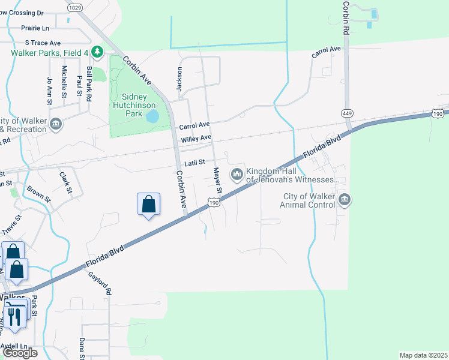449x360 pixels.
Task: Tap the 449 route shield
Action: [x=348, y=113]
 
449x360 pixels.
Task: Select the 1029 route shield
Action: [x=74, y=7]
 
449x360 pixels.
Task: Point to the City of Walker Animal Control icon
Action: [x=344, y=200]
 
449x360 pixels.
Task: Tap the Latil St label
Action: [x=195, y=162]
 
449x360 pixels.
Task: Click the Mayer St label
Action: [x=218, y=181]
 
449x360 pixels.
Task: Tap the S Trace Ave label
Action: [x=43, y=43]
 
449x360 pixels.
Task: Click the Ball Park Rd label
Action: [x=89, y=83]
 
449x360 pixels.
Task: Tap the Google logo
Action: [x=19, y=352]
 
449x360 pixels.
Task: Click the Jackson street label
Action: [x=178, y=79]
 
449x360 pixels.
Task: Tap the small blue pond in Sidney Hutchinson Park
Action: [x=152, y=115]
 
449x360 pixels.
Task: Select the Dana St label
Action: [x=82, y=349]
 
